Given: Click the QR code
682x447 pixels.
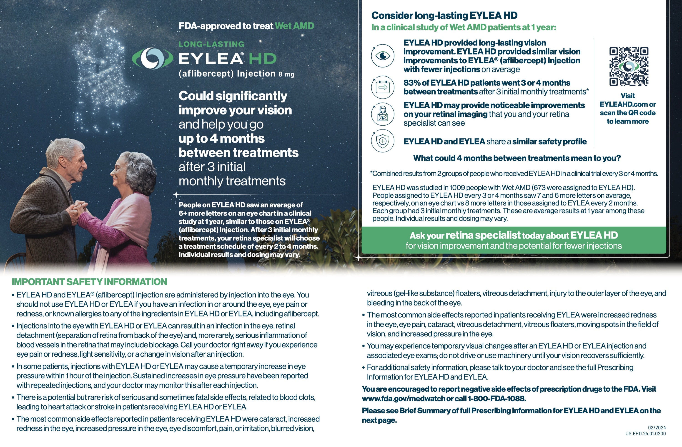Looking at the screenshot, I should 629,66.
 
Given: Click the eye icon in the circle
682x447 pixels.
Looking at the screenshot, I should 383,56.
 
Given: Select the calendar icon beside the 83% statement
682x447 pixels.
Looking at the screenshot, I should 383,87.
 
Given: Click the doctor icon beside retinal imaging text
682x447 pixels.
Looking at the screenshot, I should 383,114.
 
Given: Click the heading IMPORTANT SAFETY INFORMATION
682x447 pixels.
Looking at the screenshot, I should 89,282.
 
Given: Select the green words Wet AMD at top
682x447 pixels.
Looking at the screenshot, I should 294,26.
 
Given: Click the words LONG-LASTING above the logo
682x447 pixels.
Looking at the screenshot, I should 211,44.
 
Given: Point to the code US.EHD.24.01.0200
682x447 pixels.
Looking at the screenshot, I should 645,434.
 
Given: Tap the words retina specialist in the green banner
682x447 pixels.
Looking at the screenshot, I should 483,235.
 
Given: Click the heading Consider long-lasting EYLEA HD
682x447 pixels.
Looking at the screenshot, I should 444,15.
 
